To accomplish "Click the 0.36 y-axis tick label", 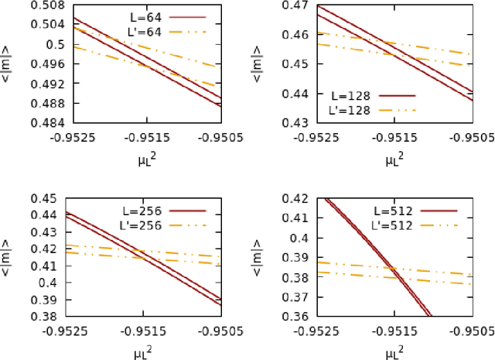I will click(x=295, y=316).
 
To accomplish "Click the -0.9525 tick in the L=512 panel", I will click(x=318, y=330).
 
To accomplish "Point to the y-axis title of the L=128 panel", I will click(x=265, y=63).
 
